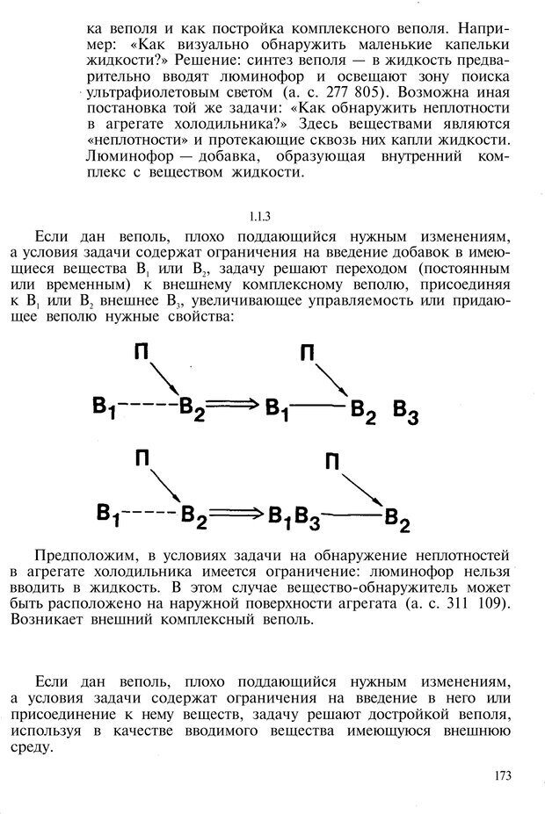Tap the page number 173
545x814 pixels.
(503, 774)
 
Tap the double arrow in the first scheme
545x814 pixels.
(236, 405)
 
